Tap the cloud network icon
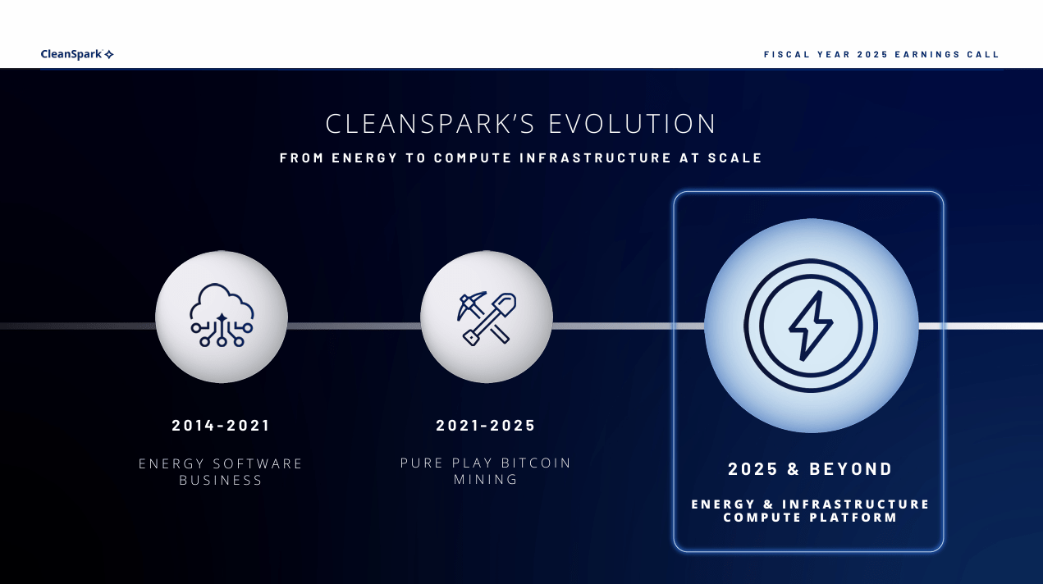click(x=222, y=315)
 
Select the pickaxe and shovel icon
click(x=486, y=317)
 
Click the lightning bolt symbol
click(x=811, y=326)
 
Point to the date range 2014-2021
click(x=221, y=426)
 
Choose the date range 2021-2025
click(x=486, y=426)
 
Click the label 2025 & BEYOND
click(x=810, y=469)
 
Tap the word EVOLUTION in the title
click(x=633, y=124)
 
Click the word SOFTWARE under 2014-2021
click(x=260, y=463)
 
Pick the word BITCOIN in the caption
click(x=536, y=463)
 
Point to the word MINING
click(x=486, y=479)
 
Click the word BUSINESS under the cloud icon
click(x=221, y=480)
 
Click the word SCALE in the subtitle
click(x=735, y=157)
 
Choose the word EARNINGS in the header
click(x=922, y=55)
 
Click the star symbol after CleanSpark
click(x=109, y=54)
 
